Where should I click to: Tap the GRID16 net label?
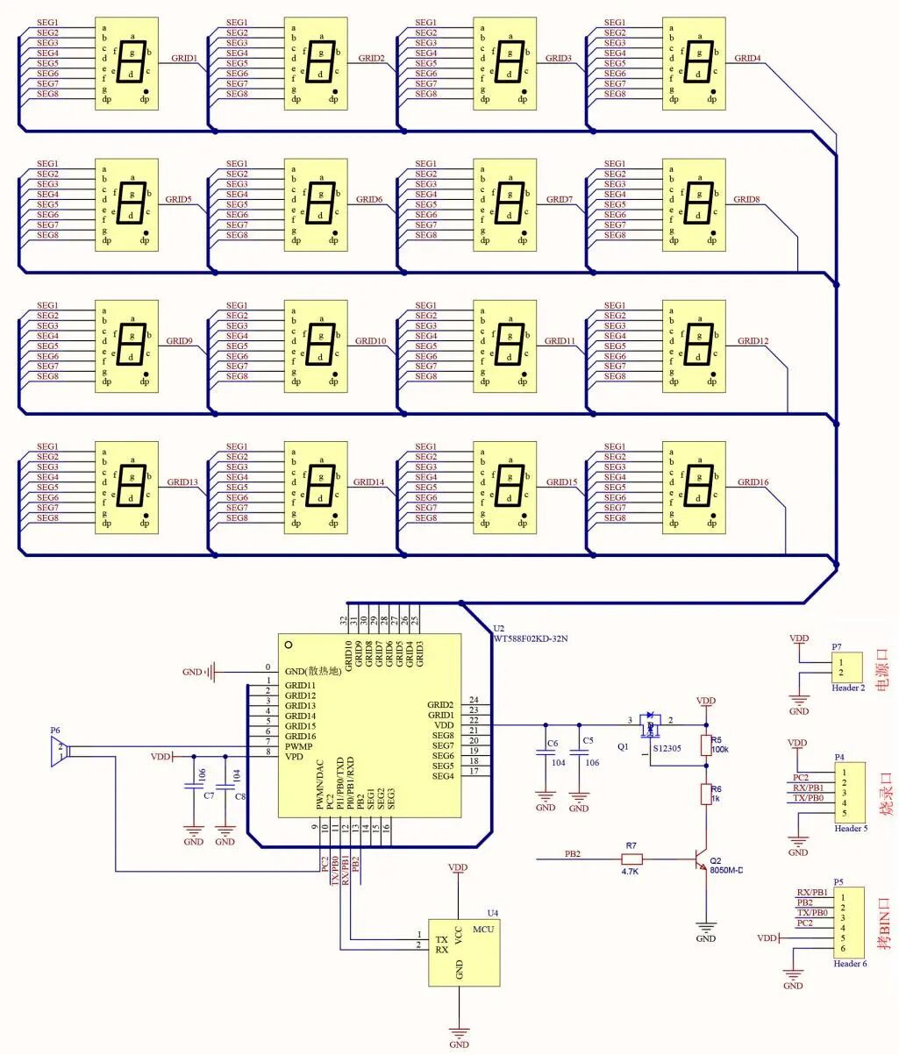(x=753, y=482)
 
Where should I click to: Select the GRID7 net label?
(x=559, y=200)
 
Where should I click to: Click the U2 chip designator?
(x=499, y=629)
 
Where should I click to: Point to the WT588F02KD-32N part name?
(x=530, y=638)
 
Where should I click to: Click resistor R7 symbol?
(x=631, y=859)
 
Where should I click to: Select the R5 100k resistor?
(x=706, y=745)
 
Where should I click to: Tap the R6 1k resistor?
(x=706, y=795)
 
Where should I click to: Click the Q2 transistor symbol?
(x=701, y=860)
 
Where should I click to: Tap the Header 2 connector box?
(x=846, y=667)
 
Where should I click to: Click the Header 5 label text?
(x=851, y=829)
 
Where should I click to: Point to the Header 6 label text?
(x=850, y=964)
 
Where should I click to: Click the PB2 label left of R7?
(x=573, y=852)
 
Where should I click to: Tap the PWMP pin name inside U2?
(x=298, y=746)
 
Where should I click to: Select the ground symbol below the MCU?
(x=459, y=1035)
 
